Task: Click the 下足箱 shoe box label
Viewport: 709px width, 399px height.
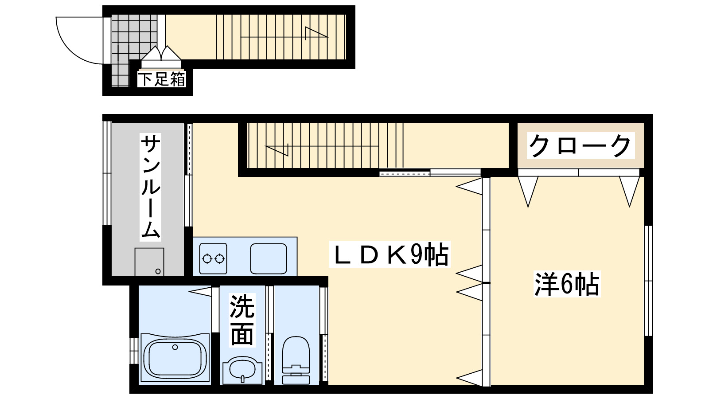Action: [162, 79]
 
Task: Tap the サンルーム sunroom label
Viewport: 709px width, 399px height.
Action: [150, 186]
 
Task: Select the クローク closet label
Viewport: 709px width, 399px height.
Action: [580, 146]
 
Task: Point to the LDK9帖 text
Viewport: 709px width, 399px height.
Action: [390, 254]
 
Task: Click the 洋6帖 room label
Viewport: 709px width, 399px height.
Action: [567, 284]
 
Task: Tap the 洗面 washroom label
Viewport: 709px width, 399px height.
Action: [242, 320]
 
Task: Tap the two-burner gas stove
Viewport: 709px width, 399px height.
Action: [213, 258]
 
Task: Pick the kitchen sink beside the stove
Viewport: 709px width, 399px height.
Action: [268, 258]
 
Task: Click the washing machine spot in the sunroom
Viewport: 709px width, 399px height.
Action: [149, 262]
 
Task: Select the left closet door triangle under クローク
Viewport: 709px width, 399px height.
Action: [528, 190]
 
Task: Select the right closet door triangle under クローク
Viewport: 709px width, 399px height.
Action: [630, 190]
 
